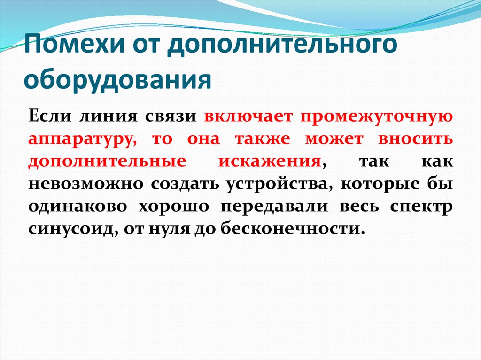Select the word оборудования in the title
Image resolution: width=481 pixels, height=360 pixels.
[117, 80]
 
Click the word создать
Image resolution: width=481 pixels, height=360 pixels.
[185, 184]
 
